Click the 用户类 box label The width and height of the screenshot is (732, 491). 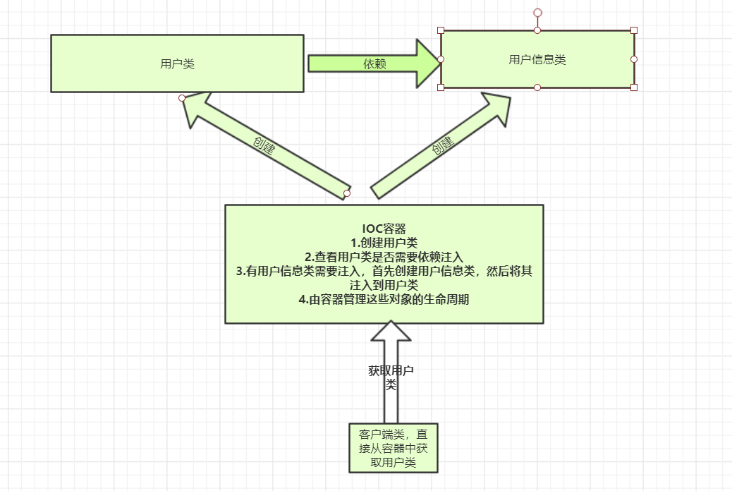click(177, 63)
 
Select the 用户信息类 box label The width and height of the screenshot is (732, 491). click(537, 59)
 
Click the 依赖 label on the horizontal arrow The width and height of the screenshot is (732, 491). click(374, 63)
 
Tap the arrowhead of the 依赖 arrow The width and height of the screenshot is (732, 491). click(427, 63)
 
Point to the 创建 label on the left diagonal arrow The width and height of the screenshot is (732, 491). click(264, 145)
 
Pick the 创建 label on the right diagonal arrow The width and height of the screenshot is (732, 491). click(442, 146)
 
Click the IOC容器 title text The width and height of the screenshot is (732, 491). click(384, 229)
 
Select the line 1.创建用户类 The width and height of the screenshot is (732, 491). click(384, 243)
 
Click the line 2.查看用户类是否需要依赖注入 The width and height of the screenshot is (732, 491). click(384, 257)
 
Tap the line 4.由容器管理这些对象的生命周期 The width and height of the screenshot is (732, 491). click(384, 299)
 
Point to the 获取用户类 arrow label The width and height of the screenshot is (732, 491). click(391, 377)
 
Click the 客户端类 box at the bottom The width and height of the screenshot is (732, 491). click(393, 448)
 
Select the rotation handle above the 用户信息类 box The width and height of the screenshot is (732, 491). click(537, 13)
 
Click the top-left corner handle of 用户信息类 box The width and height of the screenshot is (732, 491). click(441, 30)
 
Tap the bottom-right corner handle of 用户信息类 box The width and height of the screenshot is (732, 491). click(634, 87)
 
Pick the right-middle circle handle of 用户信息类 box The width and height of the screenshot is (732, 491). click(634, 59)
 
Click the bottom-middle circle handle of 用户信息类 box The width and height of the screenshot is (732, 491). click(537, 87)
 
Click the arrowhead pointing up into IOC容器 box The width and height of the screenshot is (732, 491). click(391, 332)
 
